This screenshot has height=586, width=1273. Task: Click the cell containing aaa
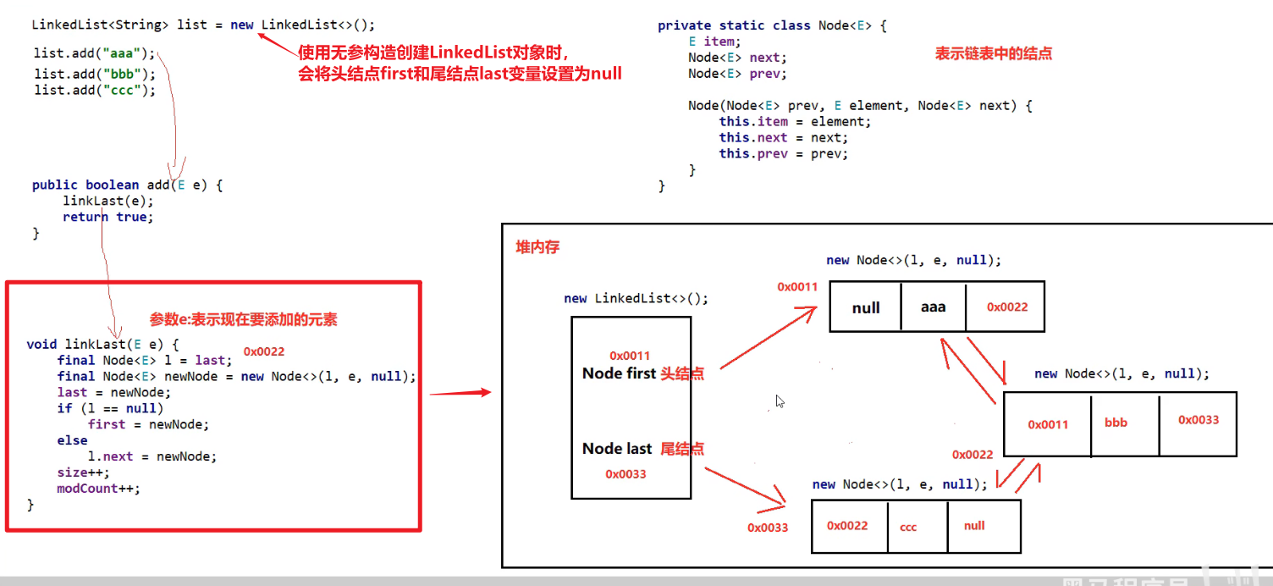coord(933,307)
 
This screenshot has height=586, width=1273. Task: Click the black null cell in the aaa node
coord(866,307)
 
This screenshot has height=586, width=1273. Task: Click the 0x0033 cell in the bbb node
coord(1198,420)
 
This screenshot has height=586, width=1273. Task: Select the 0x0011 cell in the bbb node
coord(1048,424)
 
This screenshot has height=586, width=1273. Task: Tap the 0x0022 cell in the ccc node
coord(848,526)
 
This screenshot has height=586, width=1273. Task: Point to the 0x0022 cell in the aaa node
coord(1006,307)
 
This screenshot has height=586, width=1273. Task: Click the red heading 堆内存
coord(537,247)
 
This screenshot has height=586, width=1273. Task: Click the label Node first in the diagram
coord(619,373)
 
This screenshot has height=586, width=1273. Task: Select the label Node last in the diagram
coord(617,449)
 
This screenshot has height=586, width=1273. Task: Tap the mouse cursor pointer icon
coord(780,401)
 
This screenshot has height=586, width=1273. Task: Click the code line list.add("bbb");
coord(95,74)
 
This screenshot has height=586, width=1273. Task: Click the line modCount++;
coord(98,489)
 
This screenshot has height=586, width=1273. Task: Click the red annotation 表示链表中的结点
coord(993,53)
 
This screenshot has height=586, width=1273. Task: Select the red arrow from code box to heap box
coord(460,393)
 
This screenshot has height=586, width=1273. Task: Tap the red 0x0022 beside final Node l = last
coord(264,351)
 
